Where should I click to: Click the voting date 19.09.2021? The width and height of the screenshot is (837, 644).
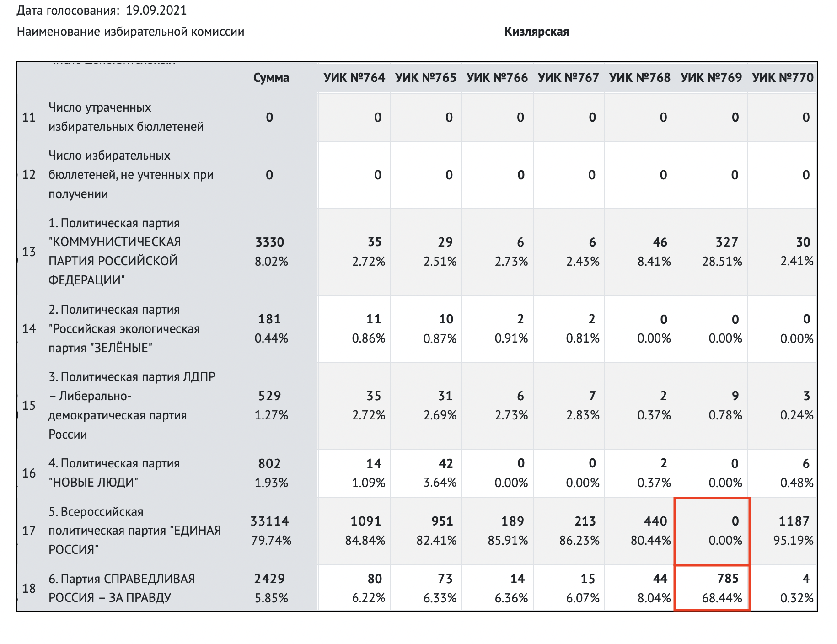156,11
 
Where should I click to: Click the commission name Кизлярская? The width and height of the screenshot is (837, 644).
537,32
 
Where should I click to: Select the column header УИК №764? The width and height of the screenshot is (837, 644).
354,78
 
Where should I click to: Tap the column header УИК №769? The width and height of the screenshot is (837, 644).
711,78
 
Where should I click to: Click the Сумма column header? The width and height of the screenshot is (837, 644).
271,78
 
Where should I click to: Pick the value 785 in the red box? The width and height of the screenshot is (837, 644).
728,579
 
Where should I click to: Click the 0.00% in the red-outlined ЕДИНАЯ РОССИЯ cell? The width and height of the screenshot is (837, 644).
725,541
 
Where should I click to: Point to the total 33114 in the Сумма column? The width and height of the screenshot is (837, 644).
269,521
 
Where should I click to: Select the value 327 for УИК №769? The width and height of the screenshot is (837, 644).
726,242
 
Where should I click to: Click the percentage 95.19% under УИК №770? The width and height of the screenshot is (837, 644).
793,541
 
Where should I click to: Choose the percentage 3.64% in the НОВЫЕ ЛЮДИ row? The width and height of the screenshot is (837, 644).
440,483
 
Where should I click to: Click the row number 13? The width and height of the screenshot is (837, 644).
29,252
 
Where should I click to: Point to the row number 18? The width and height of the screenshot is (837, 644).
29,588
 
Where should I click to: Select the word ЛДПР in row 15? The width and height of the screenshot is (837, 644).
199,377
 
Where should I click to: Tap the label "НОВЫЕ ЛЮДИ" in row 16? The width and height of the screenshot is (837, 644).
93,483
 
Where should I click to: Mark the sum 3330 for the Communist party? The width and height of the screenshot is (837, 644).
270,242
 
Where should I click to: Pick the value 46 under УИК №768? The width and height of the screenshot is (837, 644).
660,242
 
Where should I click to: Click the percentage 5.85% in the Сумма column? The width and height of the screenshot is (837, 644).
271,598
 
